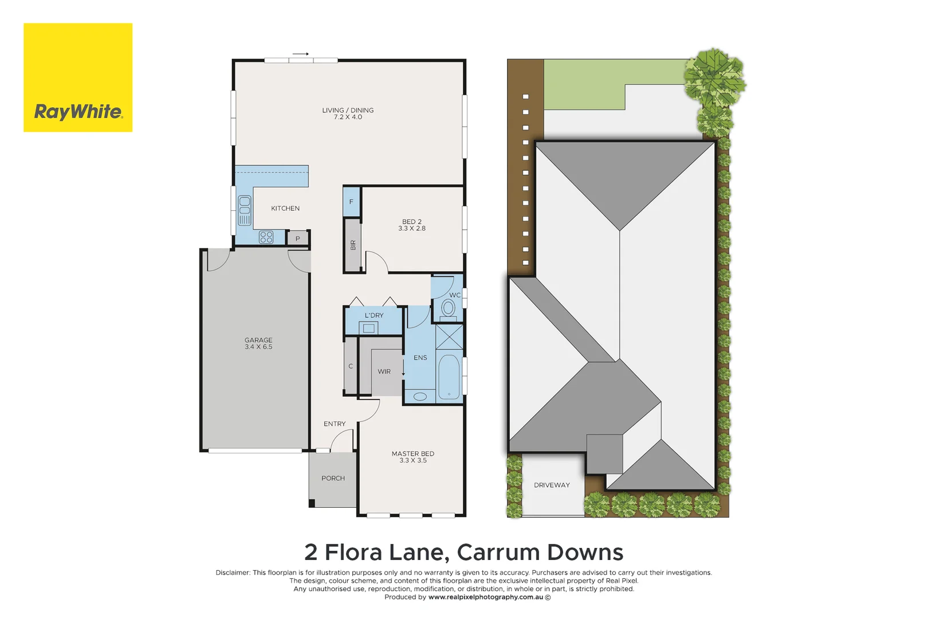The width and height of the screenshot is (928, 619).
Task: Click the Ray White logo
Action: coord(78,77)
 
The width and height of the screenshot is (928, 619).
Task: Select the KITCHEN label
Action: coord(285,209)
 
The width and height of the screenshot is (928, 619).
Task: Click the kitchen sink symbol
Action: coord(245,210)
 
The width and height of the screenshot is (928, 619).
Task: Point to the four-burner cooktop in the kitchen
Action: coord(266,237)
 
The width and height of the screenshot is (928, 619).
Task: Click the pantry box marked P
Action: coord(297,238)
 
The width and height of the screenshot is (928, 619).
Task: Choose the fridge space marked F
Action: coord(351,202)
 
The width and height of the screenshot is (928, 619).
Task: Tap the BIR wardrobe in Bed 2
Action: coord(352,245)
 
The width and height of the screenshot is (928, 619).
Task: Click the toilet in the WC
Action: coord(448,309)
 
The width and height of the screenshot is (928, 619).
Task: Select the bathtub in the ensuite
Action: coord(449,377)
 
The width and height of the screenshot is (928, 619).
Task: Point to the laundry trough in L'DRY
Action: coord(369,328)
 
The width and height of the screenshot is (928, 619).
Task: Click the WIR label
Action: coord(384,372)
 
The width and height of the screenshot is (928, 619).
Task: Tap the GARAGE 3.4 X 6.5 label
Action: coord(258,344)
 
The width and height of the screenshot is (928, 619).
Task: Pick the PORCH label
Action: coord(333,479)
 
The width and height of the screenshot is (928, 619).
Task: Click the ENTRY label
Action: coord(335,424)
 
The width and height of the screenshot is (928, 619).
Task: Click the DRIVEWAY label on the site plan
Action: coord(552,485)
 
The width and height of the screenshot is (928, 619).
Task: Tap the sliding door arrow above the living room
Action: coord(301,54)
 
